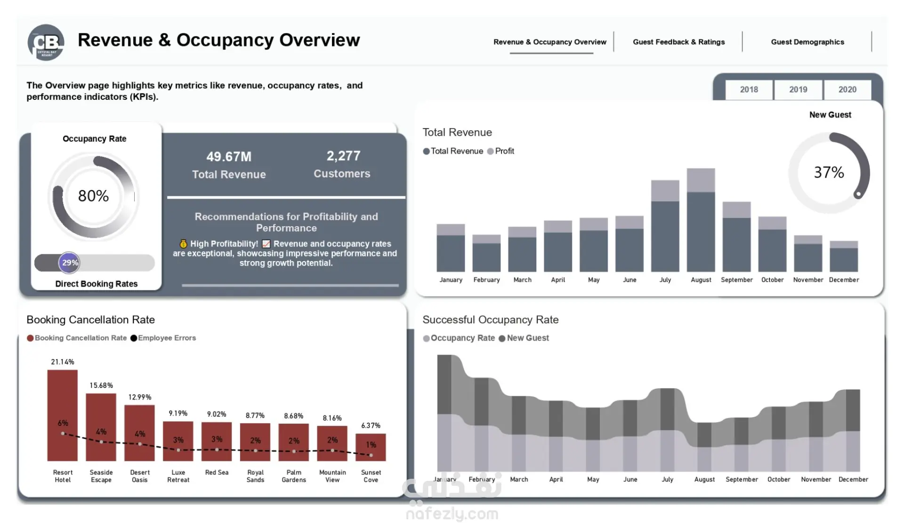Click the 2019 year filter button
[x=798, y=90]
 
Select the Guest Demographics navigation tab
[x=807, y=42]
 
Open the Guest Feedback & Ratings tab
[x=678, y=42]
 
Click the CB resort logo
[x=46, y=42]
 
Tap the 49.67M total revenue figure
[x=229, y=156]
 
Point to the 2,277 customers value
[x=344, y=156]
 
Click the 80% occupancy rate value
[x=93, y=196]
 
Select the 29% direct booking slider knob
[x=69, y=263]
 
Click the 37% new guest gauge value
[x=829, y=172]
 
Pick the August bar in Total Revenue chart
[x=701, y=220]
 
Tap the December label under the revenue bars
[x=844, y=280]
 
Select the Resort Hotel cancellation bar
[x=63, y=415]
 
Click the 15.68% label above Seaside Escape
[x=101, y=385]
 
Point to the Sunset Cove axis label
[x=371, y=476]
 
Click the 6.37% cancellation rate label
[x=371, y=425]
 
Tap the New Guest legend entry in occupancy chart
[x=524, y=338]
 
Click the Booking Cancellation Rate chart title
[x=91, y=319]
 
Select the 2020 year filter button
[x=847, y=90]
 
